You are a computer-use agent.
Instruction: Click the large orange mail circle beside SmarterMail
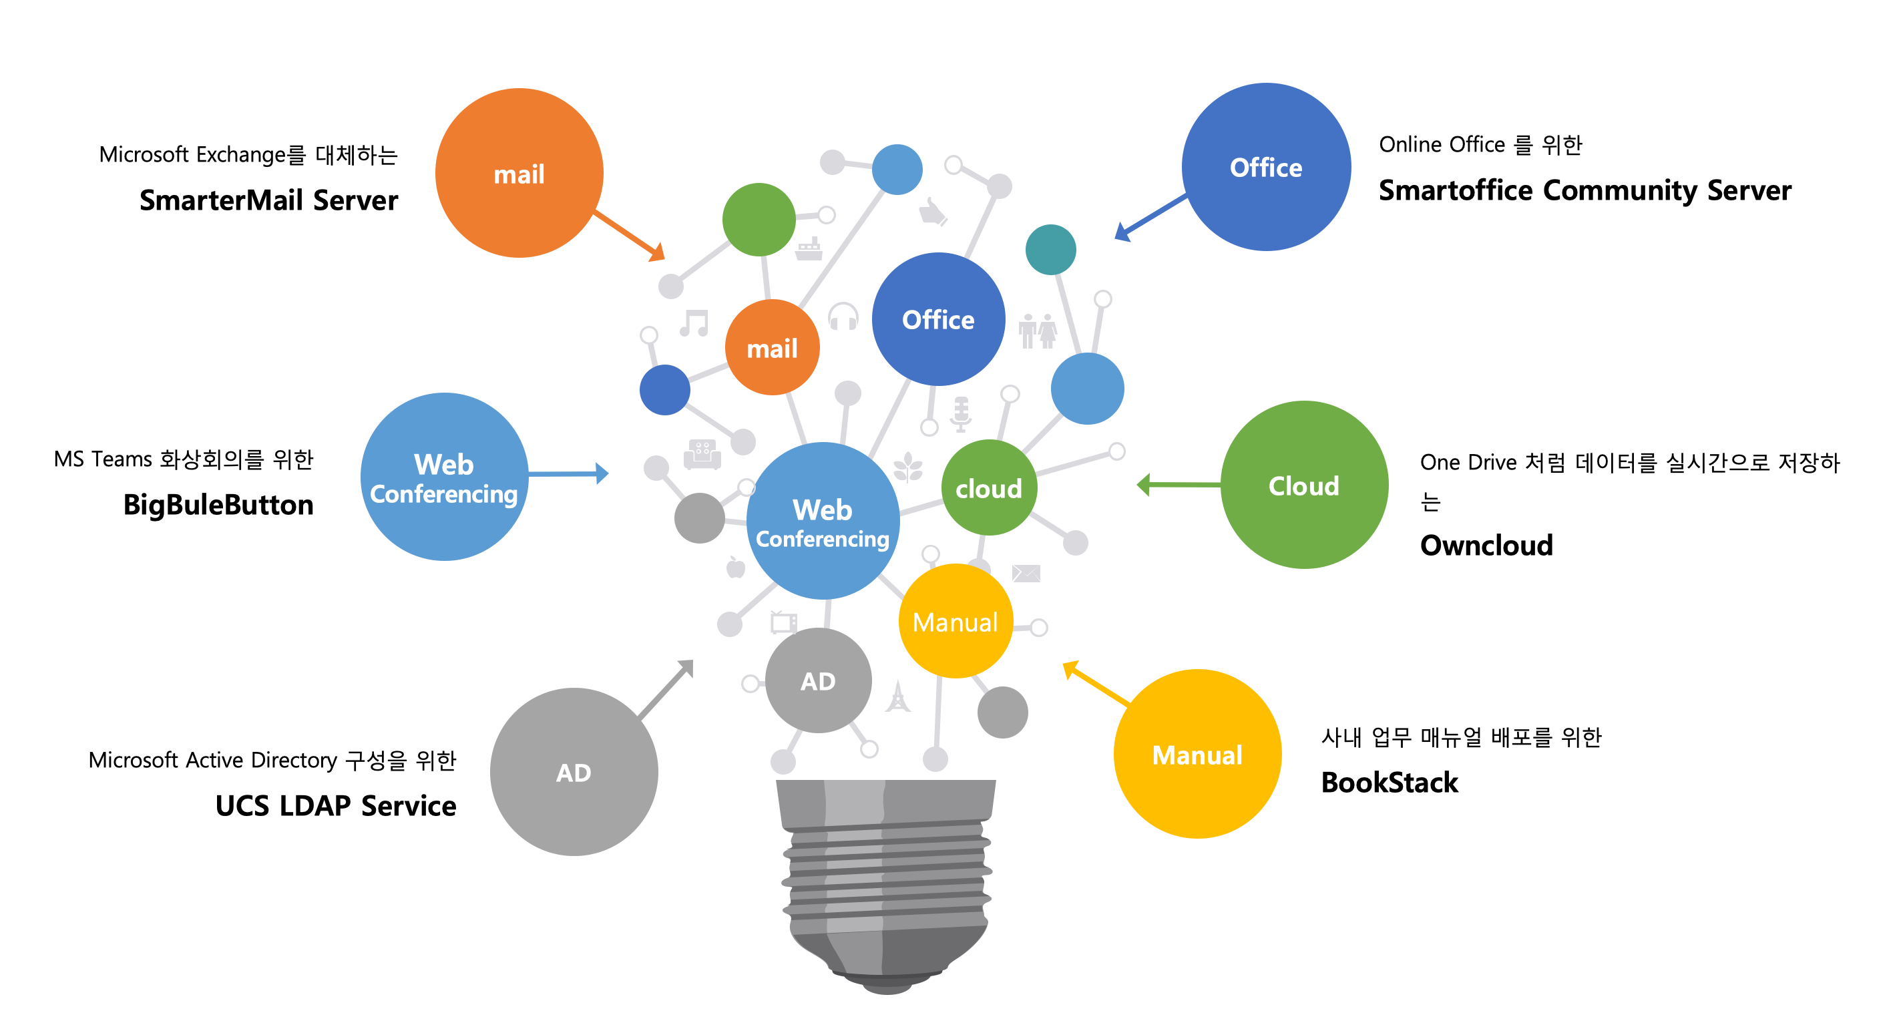(519, 173)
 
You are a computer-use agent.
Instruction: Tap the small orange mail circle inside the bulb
(772, 347)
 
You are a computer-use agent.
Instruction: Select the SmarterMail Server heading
(269, 200)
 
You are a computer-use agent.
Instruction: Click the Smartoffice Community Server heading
(1585, 190)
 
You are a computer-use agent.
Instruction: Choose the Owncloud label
(1486, 546)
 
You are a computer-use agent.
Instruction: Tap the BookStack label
(1390, 782)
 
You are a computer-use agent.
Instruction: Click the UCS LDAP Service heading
(336, 806)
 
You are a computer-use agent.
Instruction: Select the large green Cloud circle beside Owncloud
(1304, 485)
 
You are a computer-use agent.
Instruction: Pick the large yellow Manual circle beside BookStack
(1197, 754)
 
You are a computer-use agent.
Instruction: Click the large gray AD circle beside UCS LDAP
(574, 772)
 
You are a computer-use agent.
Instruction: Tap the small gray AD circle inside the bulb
(819, 680)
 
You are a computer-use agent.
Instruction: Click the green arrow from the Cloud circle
(1179, 485)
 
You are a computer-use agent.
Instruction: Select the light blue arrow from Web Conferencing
(568, 473)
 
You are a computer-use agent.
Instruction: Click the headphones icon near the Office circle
(843, 316)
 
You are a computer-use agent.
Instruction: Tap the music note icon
(694, 323)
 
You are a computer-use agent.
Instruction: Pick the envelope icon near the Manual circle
(1026, 573)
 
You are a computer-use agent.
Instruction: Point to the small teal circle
(1050, 250)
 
